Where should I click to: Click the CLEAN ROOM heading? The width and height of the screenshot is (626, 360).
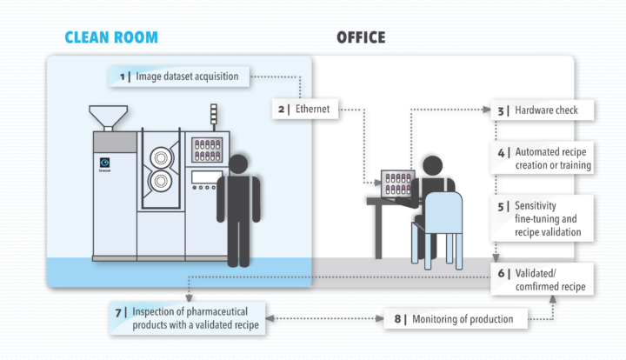coord(111,37)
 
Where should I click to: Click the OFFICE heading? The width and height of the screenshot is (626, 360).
coord(361,37)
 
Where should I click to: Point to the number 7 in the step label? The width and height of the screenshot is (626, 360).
coord(119,311)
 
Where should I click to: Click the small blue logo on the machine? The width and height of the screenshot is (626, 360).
coord(105,163)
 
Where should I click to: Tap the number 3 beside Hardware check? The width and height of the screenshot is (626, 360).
coord(501,110)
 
